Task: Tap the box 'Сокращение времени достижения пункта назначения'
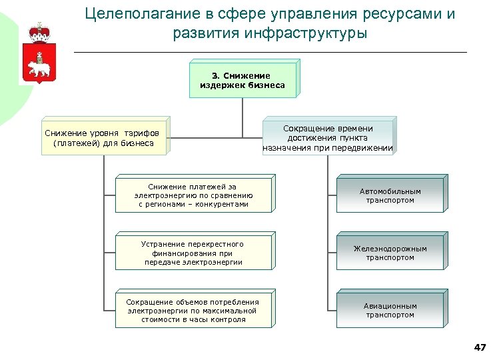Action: click(x=328, y=138)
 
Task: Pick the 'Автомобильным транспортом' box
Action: click(x=390, y=196)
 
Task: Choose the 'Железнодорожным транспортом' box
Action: click(x=390, y=253)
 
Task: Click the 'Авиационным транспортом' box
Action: click(x=390, y=311)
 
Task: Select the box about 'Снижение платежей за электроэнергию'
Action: click(x=193, y=195)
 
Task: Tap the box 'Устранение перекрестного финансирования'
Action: click(x=193, y=253)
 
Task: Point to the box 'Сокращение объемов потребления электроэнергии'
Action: click(x=193, y=311)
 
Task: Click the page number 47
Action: click(x=479, y=347)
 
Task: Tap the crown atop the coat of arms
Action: click(x=39, y=31)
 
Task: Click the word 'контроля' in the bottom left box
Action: click(x=229, y=319)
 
